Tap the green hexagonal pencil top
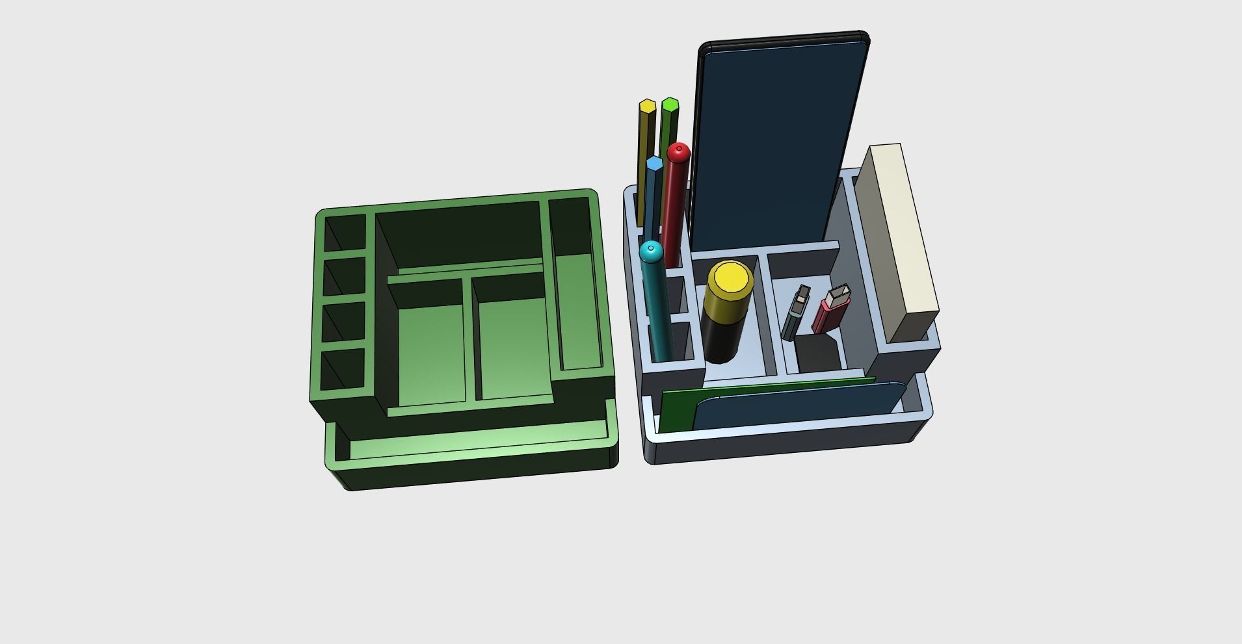pos(670,104)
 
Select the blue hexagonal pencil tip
pos(654,162)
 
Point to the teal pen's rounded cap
pos(651,251)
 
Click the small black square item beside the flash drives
pos(817,354)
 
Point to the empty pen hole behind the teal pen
pos(676,296)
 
